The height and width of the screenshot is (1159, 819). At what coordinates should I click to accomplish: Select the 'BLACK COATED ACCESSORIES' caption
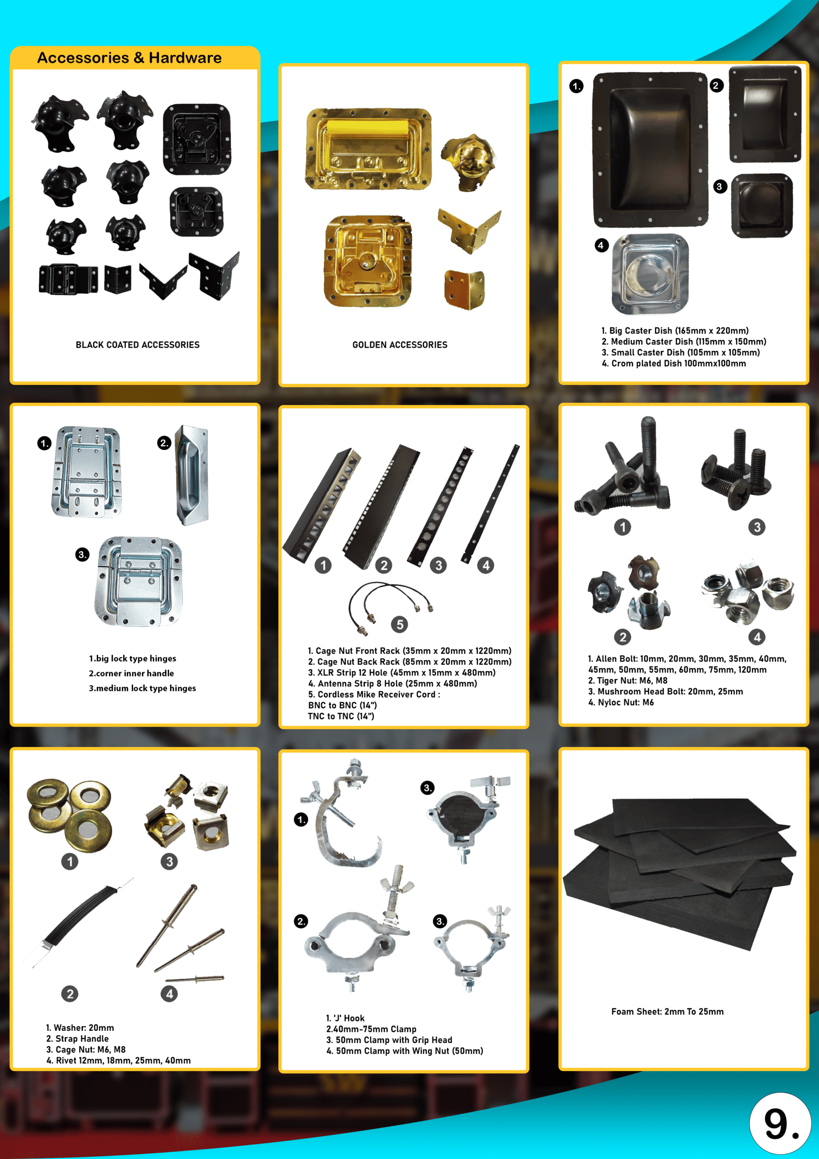pos(137,345)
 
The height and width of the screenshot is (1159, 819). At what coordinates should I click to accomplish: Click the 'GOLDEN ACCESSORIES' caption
pos(400,345)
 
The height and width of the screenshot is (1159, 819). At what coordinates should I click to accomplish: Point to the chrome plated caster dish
pos(650,274)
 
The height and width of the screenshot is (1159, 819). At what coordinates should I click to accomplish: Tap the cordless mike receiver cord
pos(389,606)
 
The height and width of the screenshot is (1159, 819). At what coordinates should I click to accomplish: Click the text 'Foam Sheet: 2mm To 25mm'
pos(667,1011)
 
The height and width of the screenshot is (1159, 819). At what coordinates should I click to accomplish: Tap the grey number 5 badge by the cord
pos(400,624)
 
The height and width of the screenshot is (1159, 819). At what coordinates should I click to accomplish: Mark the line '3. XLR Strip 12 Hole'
pos(402,672)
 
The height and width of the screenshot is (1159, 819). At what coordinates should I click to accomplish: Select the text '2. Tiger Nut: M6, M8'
pos(627,680)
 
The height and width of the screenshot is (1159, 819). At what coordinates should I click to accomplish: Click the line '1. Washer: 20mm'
pos(80,1028)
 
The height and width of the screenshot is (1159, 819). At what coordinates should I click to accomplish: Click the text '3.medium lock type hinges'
pos(142,688)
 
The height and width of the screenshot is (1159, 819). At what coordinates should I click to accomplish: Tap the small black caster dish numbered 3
pos(762,206)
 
